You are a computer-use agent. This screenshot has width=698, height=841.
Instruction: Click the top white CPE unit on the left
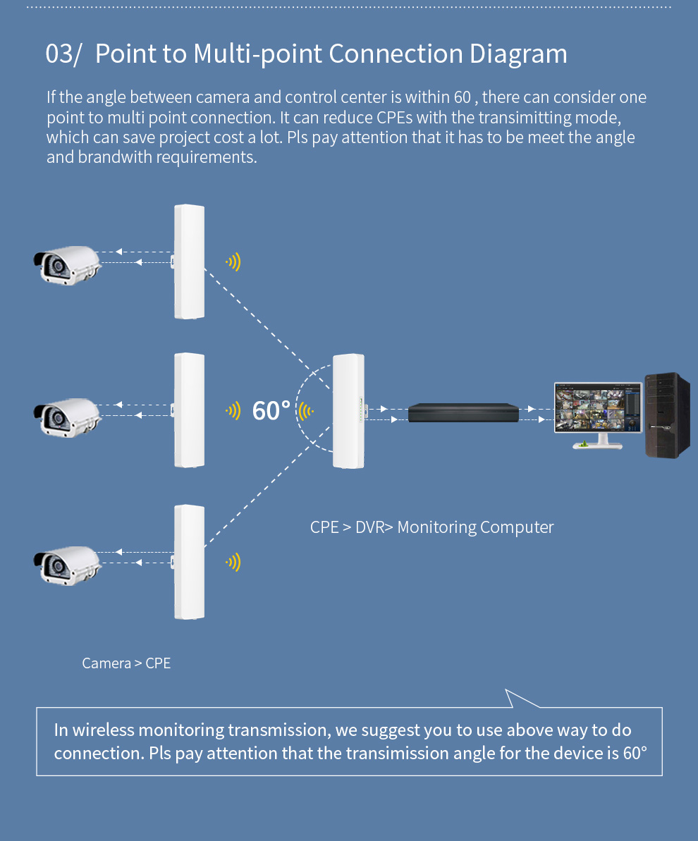[x=189, y=262]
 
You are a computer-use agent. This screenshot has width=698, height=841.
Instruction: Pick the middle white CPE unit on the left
[x=189, y=410]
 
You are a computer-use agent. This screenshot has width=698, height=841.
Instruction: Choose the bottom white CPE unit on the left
[x=189, y=562]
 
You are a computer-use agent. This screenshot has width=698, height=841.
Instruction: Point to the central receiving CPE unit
[x=348, y=411]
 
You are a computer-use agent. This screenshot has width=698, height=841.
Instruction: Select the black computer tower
[x=666, y=415]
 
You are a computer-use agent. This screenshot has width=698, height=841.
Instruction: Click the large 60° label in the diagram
[x=271, y=410]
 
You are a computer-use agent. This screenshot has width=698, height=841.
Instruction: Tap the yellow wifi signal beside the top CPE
[x=233, y=263]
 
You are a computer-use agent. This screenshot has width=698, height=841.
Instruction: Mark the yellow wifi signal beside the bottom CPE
[x=233, y=562]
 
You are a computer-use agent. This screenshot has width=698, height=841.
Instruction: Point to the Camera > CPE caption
[x=126, y=663]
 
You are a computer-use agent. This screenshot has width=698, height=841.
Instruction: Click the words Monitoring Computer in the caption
[x=476, y=527]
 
